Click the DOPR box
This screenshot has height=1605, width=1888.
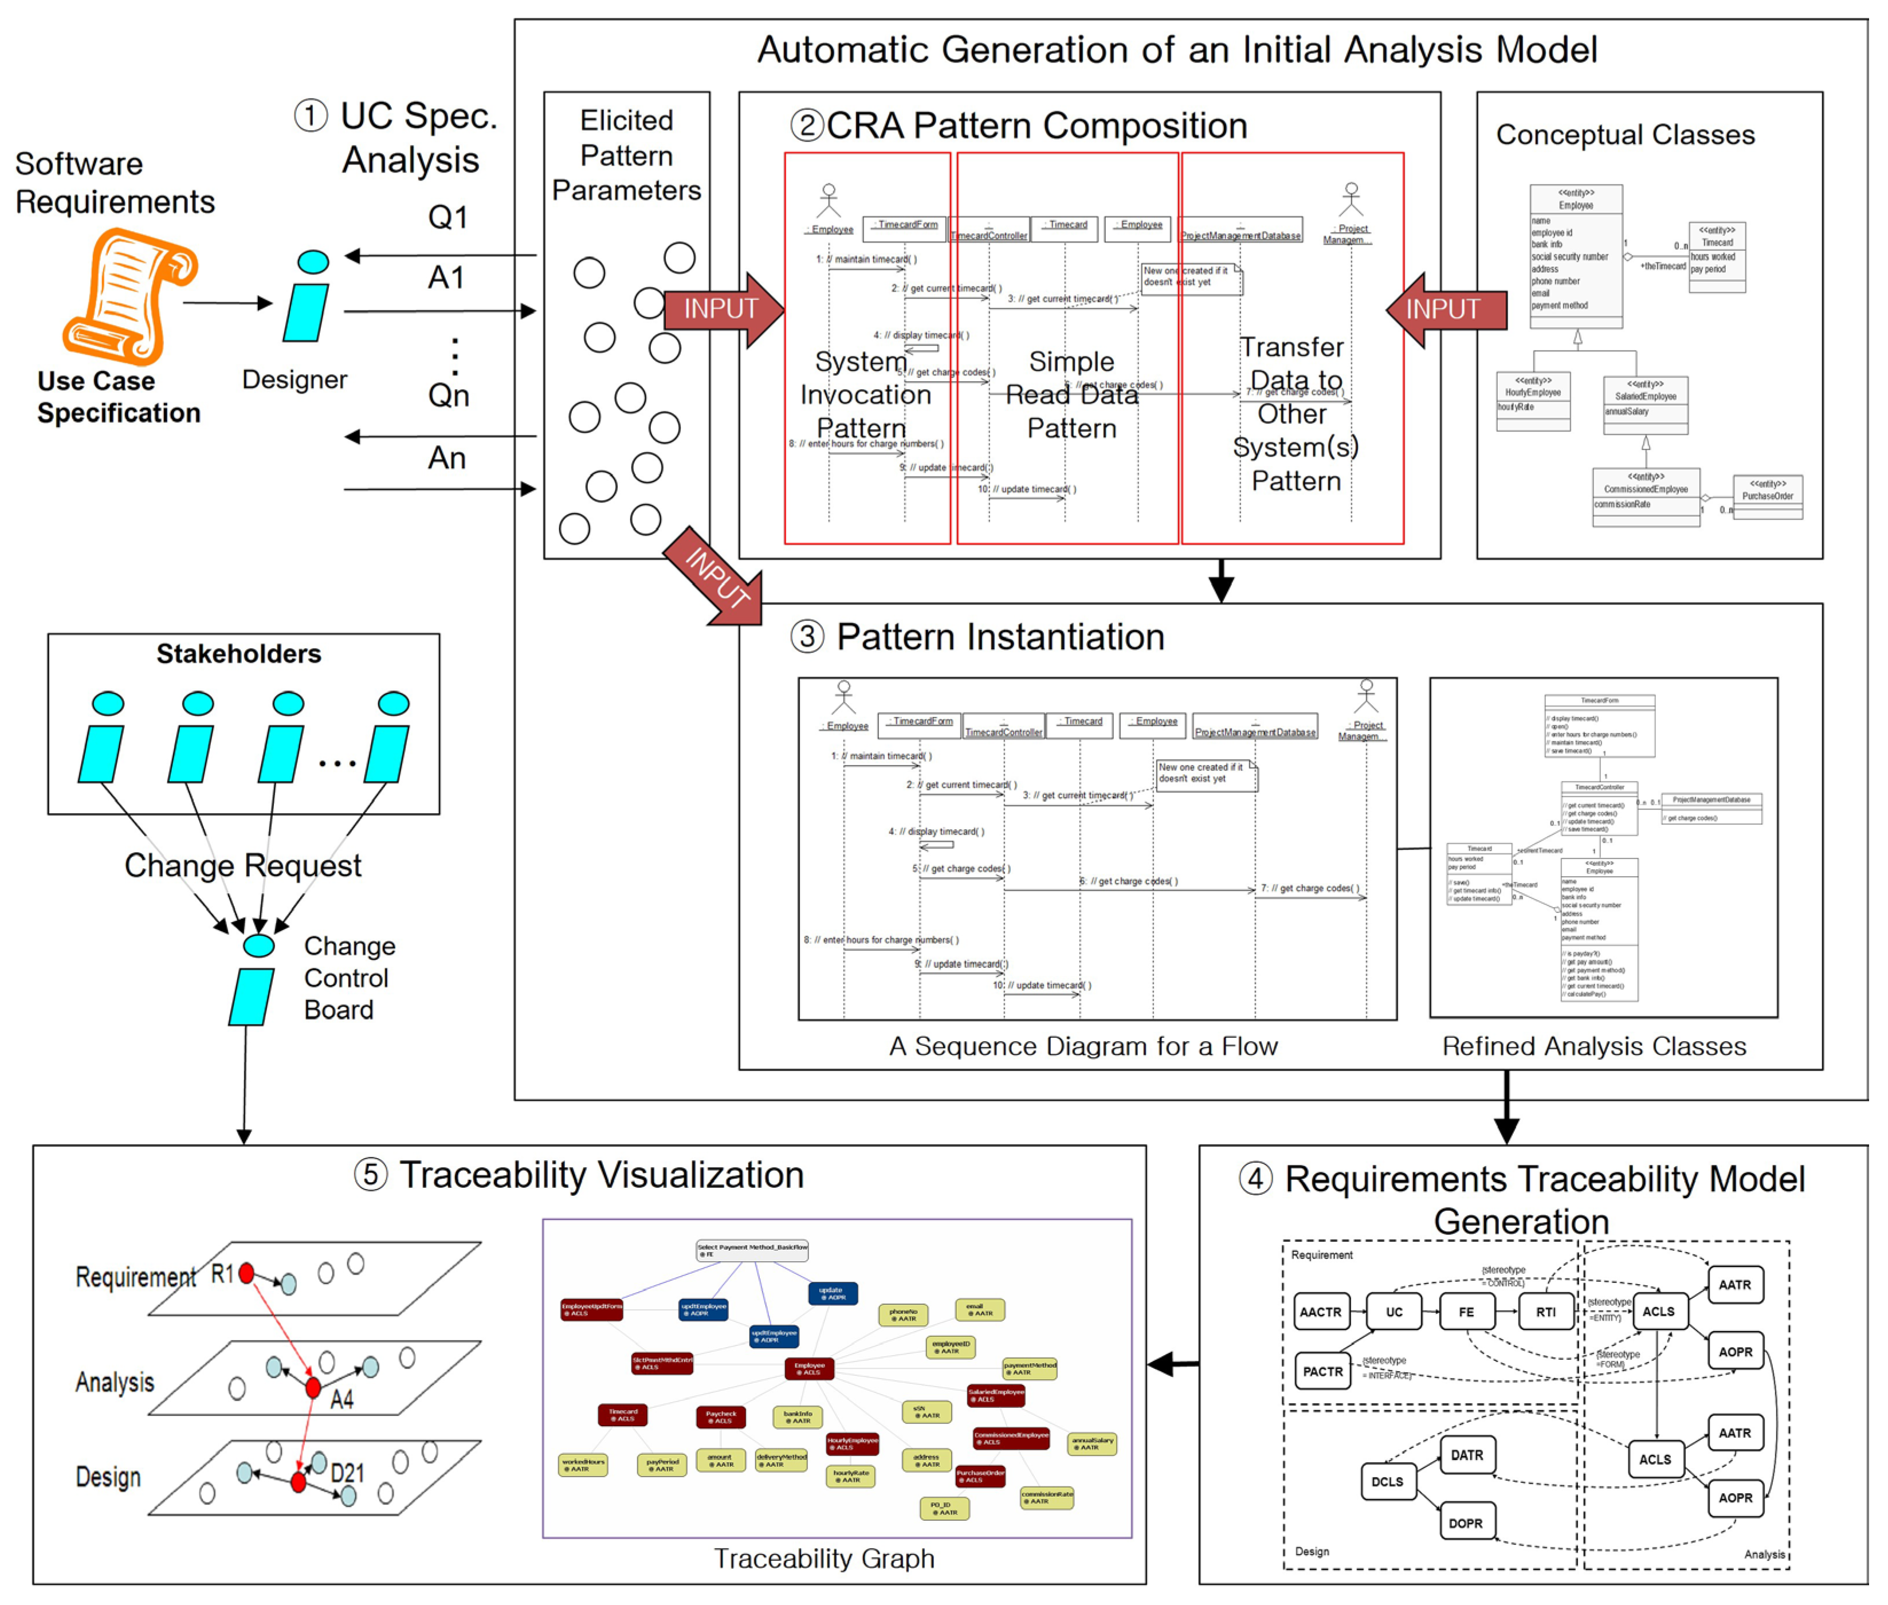click(x=1465, y=1522)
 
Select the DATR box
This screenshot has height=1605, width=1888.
click(x=1466, y=1455)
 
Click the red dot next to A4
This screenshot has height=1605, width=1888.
click(x=313, y=1387)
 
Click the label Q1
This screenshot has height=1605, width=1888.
click(x=448, y=218)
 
